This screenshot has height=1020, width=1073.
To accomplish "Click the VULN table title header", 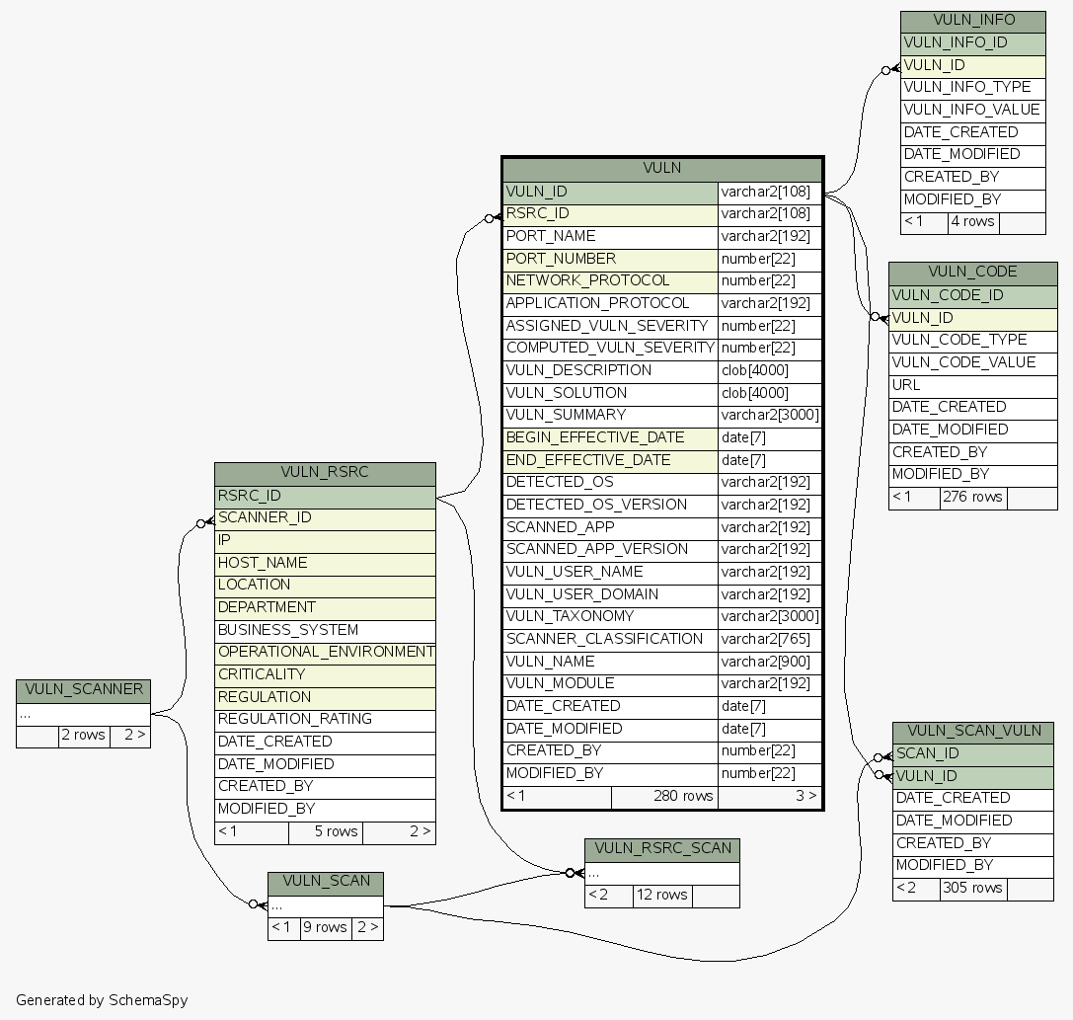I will (x=661, y=168).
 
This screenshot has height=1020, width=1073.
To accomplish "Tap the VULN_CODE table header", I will (x=972, y=273).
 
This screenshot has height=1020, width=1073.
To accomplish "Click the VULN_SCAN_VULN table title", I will (x=973, y=732).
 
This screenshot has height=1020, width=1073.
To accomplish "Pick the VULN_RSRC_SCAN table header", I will (x=662, y=849).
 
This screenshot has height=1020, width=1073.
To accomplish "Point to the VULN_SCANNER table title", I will (x=83, y=690).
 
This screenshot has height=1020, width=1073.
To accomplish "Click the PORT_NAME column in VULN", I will (x=551, y=237).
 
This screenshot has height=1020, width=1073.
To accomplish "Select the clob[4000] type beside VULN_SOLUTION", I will (x=755, y=393).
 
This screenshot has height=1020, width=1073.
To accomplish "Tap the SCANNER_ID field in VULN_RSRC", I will (x=251, y=517).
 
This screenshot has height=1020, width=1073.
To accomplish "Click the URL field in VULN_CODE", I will (x=906, y=385).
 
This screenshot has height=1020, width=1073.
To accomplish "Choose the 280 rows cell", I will (x=683, y=796).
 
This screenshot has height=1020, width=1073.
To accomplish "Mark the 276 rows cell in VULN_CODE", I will (x=972, y=497).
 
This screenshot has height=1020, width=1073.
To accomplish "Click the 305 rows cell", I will (x=973, y=888).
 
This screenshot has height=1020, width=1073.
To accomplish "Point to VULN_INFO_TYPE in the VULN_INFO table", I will (x=967, y=87).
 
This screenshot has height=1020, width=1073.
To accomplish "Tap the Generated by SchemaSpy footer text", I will (x=102, y=1000).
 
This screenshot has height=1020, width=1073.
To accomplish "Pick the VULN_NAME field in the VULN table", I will (x=550, y=662).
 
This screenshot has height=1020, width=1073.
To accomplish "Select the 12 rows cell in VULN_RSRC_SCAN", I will (x=661, y=895).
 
